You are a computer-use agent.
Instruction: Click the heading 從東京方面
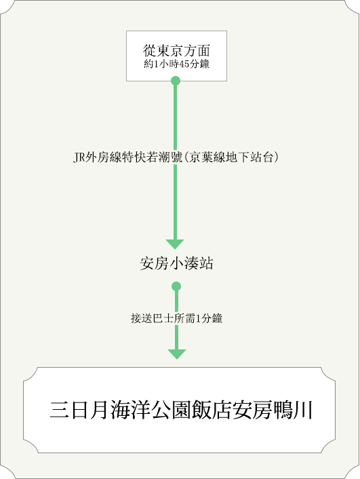point(176,50)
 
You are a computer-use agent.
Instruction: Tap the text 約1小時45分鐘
point(176,64)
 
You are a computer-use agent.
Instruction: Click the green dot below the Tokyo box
point(176,81)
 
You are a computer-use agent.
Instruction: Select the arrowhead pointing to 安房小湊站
point(175,244)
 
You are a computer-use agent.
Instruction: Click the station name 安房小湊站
point(176,263)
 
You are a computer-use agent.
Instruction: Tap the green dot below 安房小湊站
point(176,286)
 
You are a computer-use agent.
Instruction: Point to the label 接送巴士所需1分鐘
point(176,318)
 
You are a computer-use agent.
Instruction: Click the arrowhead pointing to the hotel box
point(177,354)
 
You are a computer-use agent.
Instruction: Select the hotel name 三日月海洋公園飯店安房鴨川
point(181,410)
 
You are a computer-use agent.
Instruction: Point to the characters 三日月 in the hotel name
point(79,410)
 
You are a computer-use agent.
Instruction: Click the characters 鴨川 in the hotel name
point(293,410)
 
